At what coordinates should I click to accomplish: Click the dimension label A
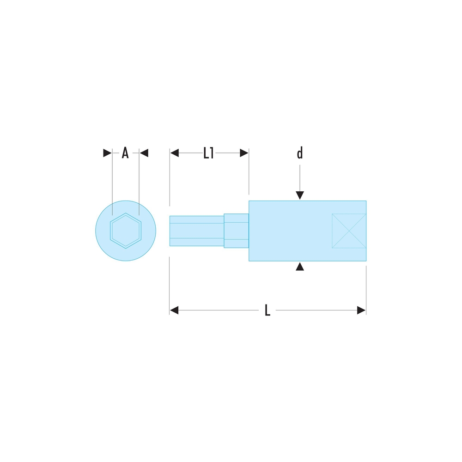point(125,153)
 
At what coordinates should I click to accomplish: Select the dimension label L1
point(208,153)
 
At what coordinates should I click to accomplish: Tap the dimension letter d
point(300,153)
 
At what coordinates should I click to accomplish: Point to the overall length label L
point(267,310)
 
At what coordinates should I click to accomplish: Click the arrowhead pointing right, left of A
point(107,153)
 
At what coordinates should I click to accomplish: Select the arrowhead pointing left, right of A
point(144,153)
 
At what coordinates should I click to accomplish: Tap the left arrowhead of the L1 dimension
point(175,153)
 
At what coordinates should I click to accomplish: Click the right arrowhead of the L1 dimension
point(244,153)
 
